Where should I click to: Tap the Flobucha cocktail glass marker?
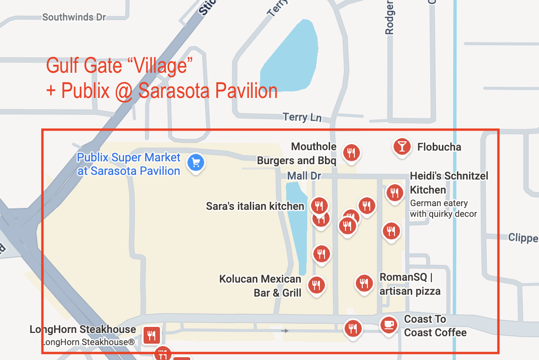401,146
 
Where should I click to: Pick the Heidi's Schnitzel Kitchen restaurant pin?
394,192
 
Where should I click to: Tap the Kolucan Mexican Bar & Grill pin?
317,284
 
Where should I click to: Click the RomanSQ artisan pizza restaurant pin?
364,283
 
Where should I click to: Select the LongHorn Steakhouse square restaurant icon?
152,334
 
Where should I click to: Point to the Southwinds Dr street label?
74,17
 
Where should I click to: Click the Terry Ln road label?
302,117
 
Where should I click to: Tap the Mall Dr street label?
304,176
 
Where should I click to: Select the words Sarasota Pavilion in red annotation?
208,90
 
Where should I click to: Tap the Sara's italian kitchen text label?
255,206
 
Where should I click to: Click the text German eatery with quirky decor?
443,208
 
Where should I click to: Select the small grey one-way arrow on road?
284,331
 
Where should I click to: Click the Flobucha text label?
439,147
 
